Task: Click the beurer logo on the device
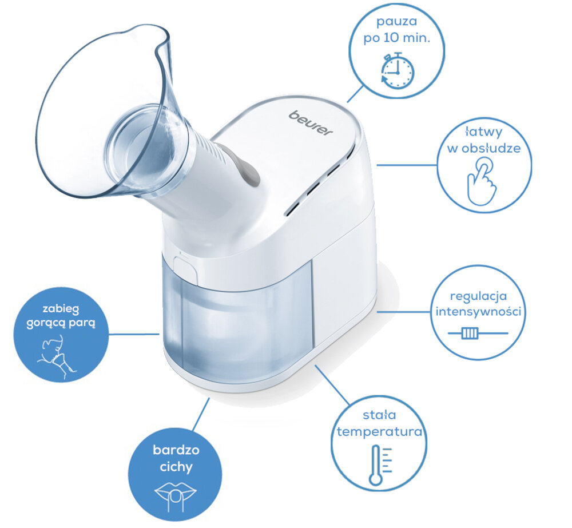[x=311, y=123]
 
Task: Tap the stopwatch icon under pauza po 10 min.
[x=398, y=71]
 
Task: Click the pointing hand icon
[x=482, y=181]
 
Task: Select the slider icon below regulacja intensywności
[x=478, y=333]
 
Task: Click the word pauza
[x=396, y=22]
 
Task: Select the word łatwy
[x=484, y=132]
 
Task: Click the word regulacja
[x=478, y=296]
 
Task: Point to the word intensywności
[x=478, y=312]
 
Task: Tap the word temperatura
[x=379, y=432]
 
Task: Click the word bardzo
[x=176, y=450]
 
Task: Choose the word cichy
[x=176, y=467]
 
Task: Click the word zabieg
[x=61, y=309]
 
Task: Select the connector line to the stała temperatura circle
[x=332, y=385]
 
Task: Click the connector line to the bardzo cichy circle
[x=201, y=415]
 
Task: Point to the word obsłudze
[x=490, y=149]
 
